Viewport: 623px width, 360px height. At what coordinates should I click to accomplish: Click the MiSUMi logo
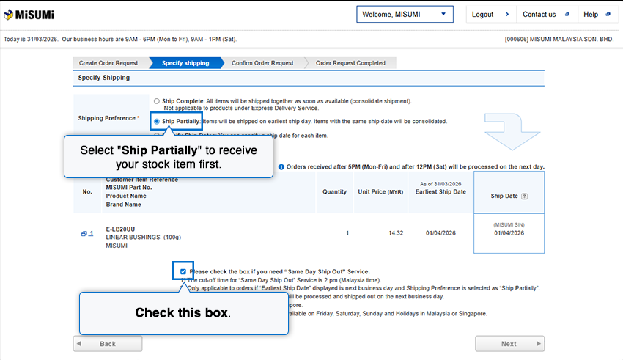tap(29, 15)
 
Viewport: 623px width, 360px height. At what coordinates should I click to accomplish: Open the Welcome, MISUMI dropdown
tap(405, 15)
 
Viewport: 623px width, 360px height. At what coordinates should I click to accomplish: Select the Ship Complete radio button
tap(157, 100)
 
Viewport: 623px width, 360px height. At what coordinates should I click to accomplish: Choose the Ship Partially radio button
tap(157, 121)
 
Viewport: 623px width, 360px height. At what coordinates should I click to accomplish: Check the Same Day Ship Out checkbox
tap(183, 271)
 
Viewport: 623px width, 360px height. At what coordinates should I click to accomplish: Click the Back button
tap(108, 343)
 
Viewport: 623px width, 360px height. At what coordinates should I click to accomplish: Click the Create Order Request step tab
tap(108, 63)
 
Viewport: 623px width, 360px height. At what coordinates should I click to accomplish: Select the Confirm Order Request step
tap(262, 63)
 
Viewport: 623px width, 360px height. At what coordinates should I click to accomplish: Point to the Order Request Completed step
tap(350, 63)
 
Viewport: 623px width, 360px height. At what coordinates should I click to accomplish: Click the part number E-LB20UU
tap(119, 228)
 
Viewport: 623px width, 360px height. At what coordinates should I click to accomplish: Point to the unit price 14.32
tap(396, 233)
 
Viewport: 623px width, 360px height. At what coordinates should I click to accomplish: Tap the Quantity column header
tap(335, 192)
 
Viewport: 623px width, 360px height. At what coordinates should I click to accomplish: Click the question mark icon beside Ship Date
tap(524, 196)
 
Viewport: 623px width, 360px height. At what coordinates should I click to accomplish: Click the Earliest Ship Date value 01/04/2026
tap(441, 233)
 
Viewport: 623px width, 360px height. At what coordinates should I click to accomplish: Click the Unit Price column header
tap(380, 192)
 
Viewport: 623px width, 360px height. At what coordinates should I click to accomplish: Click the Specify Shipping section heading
tap(104, 78)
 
